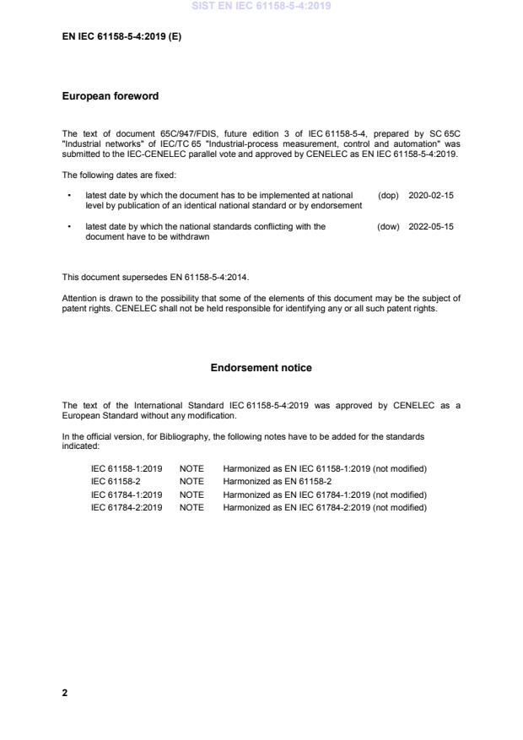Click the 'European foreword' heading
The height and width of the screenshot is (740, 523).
tap(111, 96)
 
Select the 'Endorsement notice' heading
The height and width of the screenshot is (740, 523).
tap(261, 368)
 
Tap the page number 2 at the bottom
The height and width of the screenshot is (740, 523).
tap(65, 693)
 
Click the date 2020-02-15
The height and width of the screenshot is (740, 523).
tap(430, 195)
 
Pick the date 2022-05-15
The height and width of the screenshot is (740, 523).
tap(430, 226)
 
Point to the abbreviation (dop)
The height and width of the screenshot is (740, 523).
tap(388, 195)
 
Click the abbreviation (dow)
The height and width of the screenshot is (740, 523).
tap(388, 226)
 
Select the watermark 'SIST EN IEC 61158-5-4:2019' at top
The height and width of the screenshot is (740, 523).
tap(261, 6)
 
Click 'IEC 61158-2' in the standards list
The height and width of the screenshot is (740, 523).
tap(116, 481)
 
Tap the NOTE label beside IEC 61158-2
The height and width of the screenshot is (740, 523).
tap(191, 481)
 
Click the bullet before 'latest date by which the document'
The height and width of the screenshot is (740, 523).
tap(67, 195)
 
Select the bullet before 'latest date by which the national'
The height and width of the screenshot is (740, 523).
tap(67, 226)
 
